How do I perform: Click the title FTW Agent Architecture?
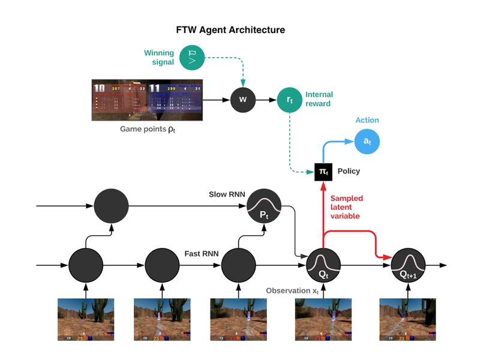[230, 29]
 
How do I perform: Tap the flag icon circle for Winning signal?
[193, 58]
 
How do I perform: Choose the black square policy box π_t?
[323, 172]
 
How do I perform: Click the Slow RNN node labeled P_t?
[264, 206]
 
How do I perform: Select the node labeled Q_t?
[323, 264]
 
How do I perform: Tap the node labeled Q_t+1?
[408, 264]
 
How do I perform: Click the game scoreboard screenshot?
[148, 100]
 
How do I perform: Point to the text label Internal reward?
[319, 100]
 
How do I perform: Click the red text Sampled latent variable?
[346, 207]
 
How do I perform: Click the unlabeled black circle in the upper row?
[111, 206]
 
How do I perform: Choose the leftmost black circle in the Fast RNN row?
[86, 264]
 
